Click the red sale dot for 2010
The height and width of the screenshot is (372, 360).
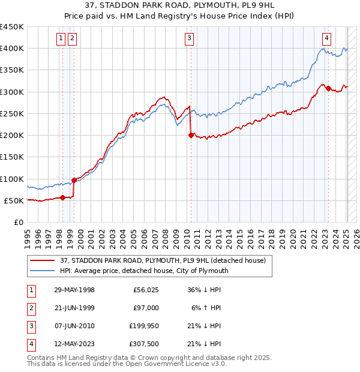point(191,136)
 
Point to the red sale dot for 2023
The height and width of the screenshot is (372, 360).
point(328,88)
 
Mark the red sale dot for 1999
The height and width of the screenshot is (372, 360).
point(74,180)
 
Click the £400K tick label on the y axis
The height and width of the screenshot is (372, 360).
point(12,49)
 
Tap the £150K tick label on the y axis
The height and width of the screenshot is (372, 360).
point(12,157)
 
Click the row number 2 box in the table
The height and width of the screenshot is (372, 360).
point(31,308)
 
